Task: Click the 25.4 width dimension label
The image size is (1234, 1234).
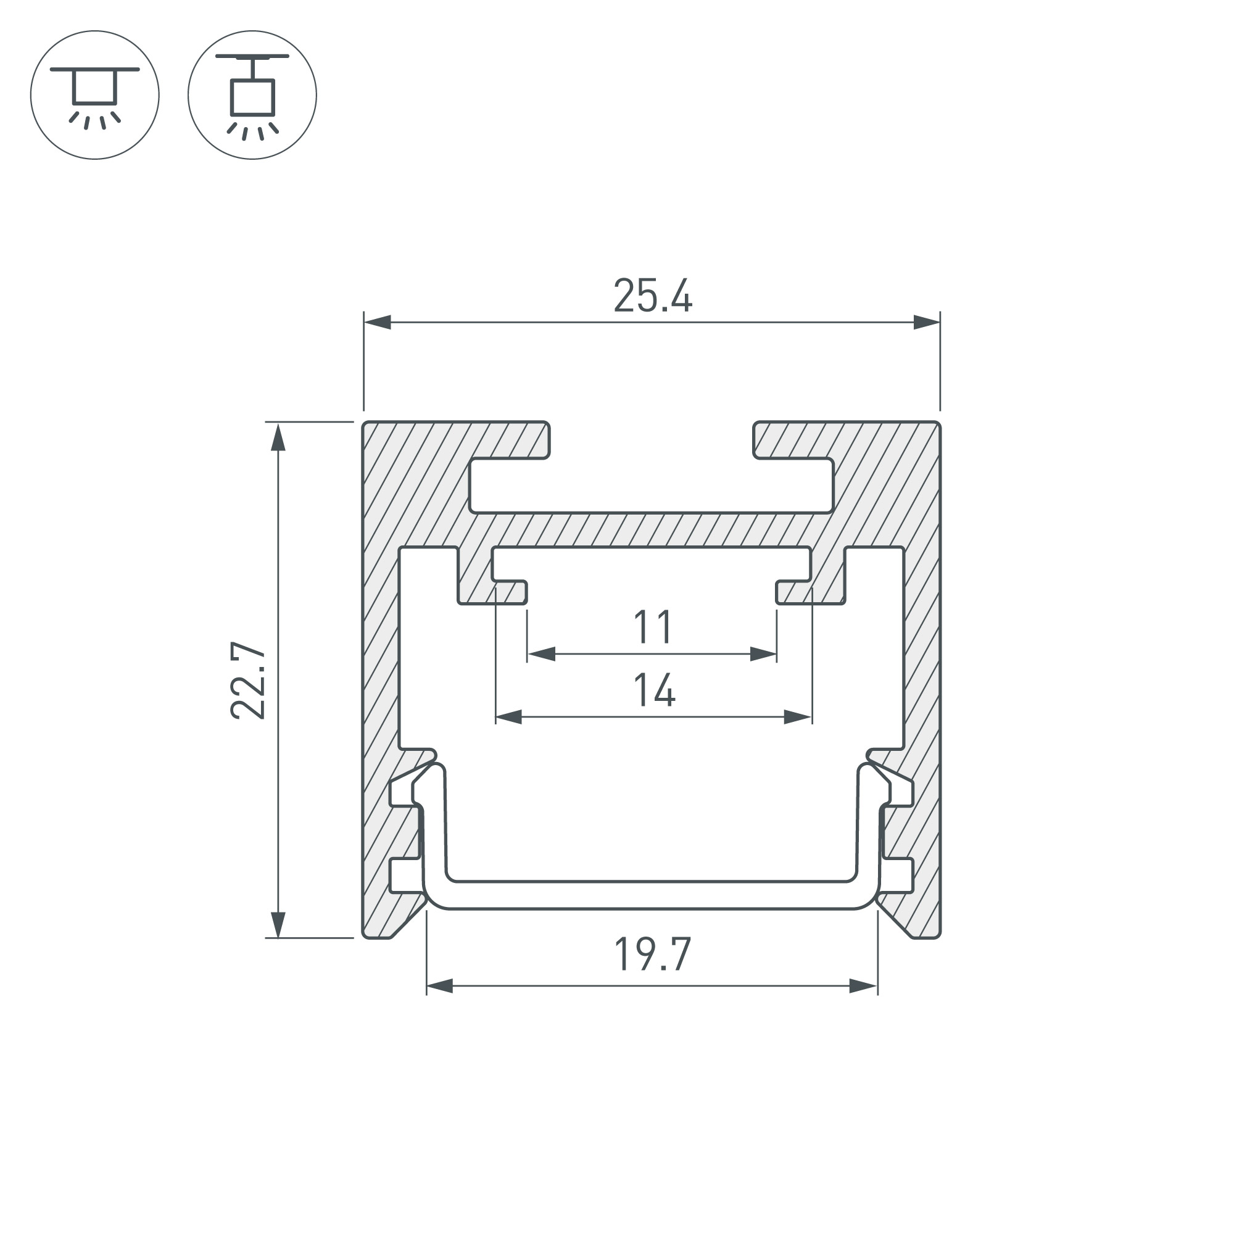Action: (653, 296)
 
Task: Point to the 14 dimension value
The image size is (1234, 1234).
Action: (654, 690)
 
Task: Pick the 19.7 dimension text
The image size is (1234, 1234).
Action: (653, 954)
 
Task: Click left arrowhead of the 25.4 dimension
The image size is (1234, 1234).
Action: (378, 322)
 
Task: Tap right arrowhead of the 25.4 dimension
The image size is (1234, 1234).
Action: (927, 322)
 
